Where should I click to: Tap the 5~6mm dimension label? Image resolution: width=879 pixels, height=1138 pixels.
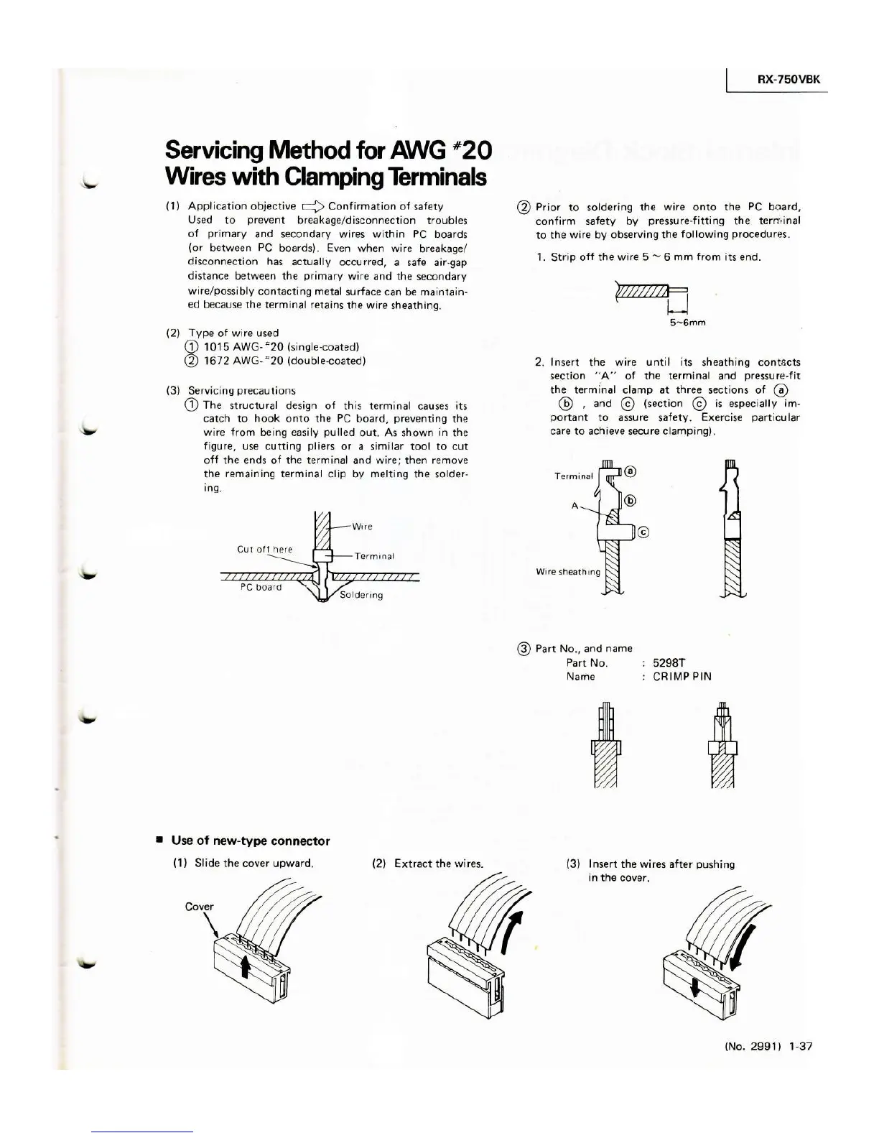[x=686, y=323]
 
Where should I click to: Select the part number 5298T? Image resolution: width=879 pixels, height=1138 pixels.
[x=672, y=662]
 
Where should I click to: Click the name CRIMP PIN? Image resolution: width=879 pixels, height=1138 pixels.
[x=682, y=677]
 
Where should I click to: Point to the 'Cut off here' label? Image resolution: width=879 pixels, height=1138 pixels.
[x=264, y=550]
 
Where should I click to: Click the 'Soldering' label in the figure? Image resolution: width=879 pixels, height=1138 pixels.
[x=361, y=595]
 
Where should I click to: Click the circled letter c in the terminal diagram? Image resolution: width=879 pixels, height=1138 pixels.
[x=643, y=532]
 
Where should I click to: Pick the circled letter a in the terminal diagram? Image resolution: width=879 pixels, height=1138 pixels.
[x=630, y=471]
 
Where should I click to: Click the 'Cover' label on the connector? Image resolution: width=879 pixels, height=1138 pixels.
[x=199, y=906]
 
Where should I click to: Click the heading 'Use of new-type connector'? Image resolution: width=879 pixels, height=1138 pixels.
[x=251, y=841]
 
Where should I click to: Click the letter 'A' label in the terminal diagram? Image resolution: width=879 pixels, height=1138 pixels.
[x=575, y=505]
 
